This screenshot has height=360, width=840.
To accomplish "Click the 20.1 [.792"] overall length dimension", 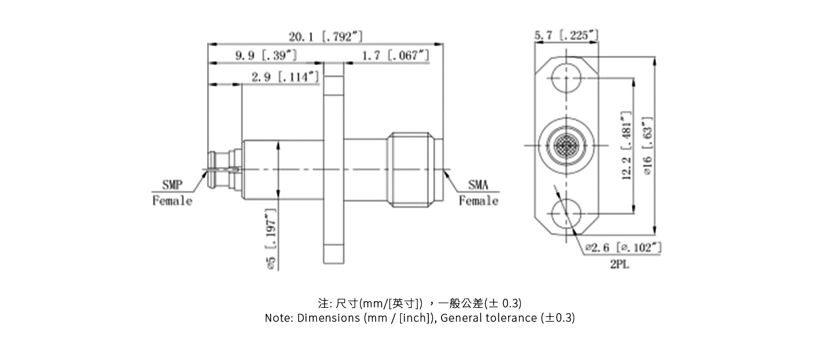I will pos(325,37).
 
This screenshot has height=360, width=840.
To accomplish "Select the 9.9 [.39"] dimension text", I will pos(266,56).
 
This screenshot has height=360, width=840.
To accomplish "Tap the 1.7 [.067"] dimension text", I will pos(396,56).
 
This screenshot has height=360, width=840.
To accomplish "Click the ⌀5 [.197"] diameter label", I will pos(271,239).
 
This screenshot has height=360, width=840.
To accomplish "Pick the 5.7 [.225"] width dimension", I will pos(566,35).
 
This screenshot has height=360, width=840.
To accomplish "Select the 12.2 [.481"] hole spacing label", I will pos(627,145).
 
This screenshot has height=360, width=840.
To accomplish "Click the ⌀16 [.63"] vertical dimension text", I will pos(647,146).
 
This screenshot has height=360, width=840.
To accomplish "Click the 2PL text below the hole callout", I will pos(620,265).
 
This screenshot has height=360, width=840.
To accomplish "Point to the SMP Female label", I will pos(172,193).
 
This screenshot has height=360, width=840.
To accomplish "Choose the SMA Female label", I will pos(478,193).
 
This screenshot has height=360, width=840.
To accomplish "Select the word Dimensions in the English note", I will pos(329,318).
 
